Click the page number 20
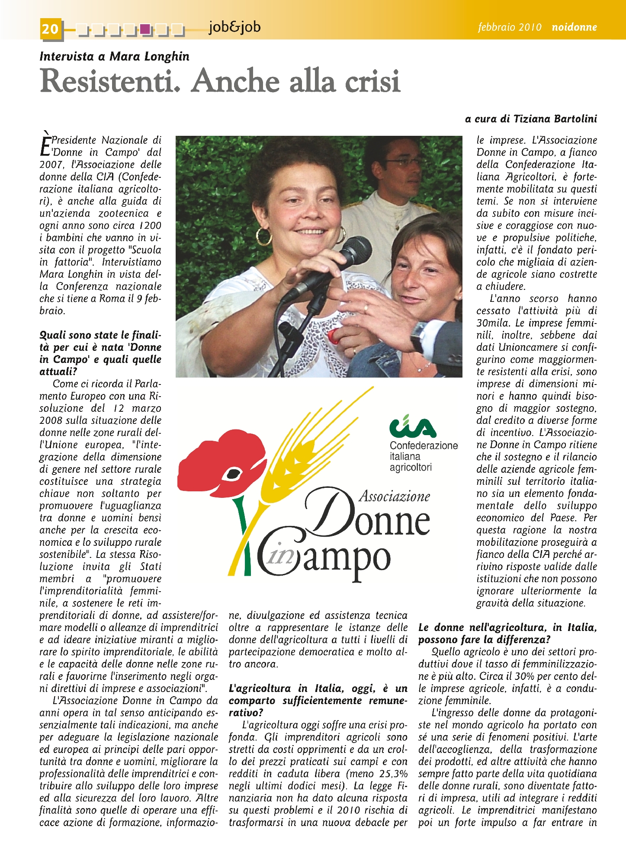(50, 29)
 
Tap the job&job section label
(234, 27)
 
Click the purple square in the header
(146, 29)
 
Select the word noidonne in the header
(574, 27)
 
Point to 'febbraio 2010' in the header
(510, 27)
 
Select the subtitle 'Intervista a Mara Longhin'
(114, 56)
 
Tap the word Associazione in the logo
(394, 496)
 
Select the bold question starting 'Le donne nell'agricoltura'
(507, 633)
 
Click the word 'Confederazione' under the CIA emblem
(424, 445)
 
